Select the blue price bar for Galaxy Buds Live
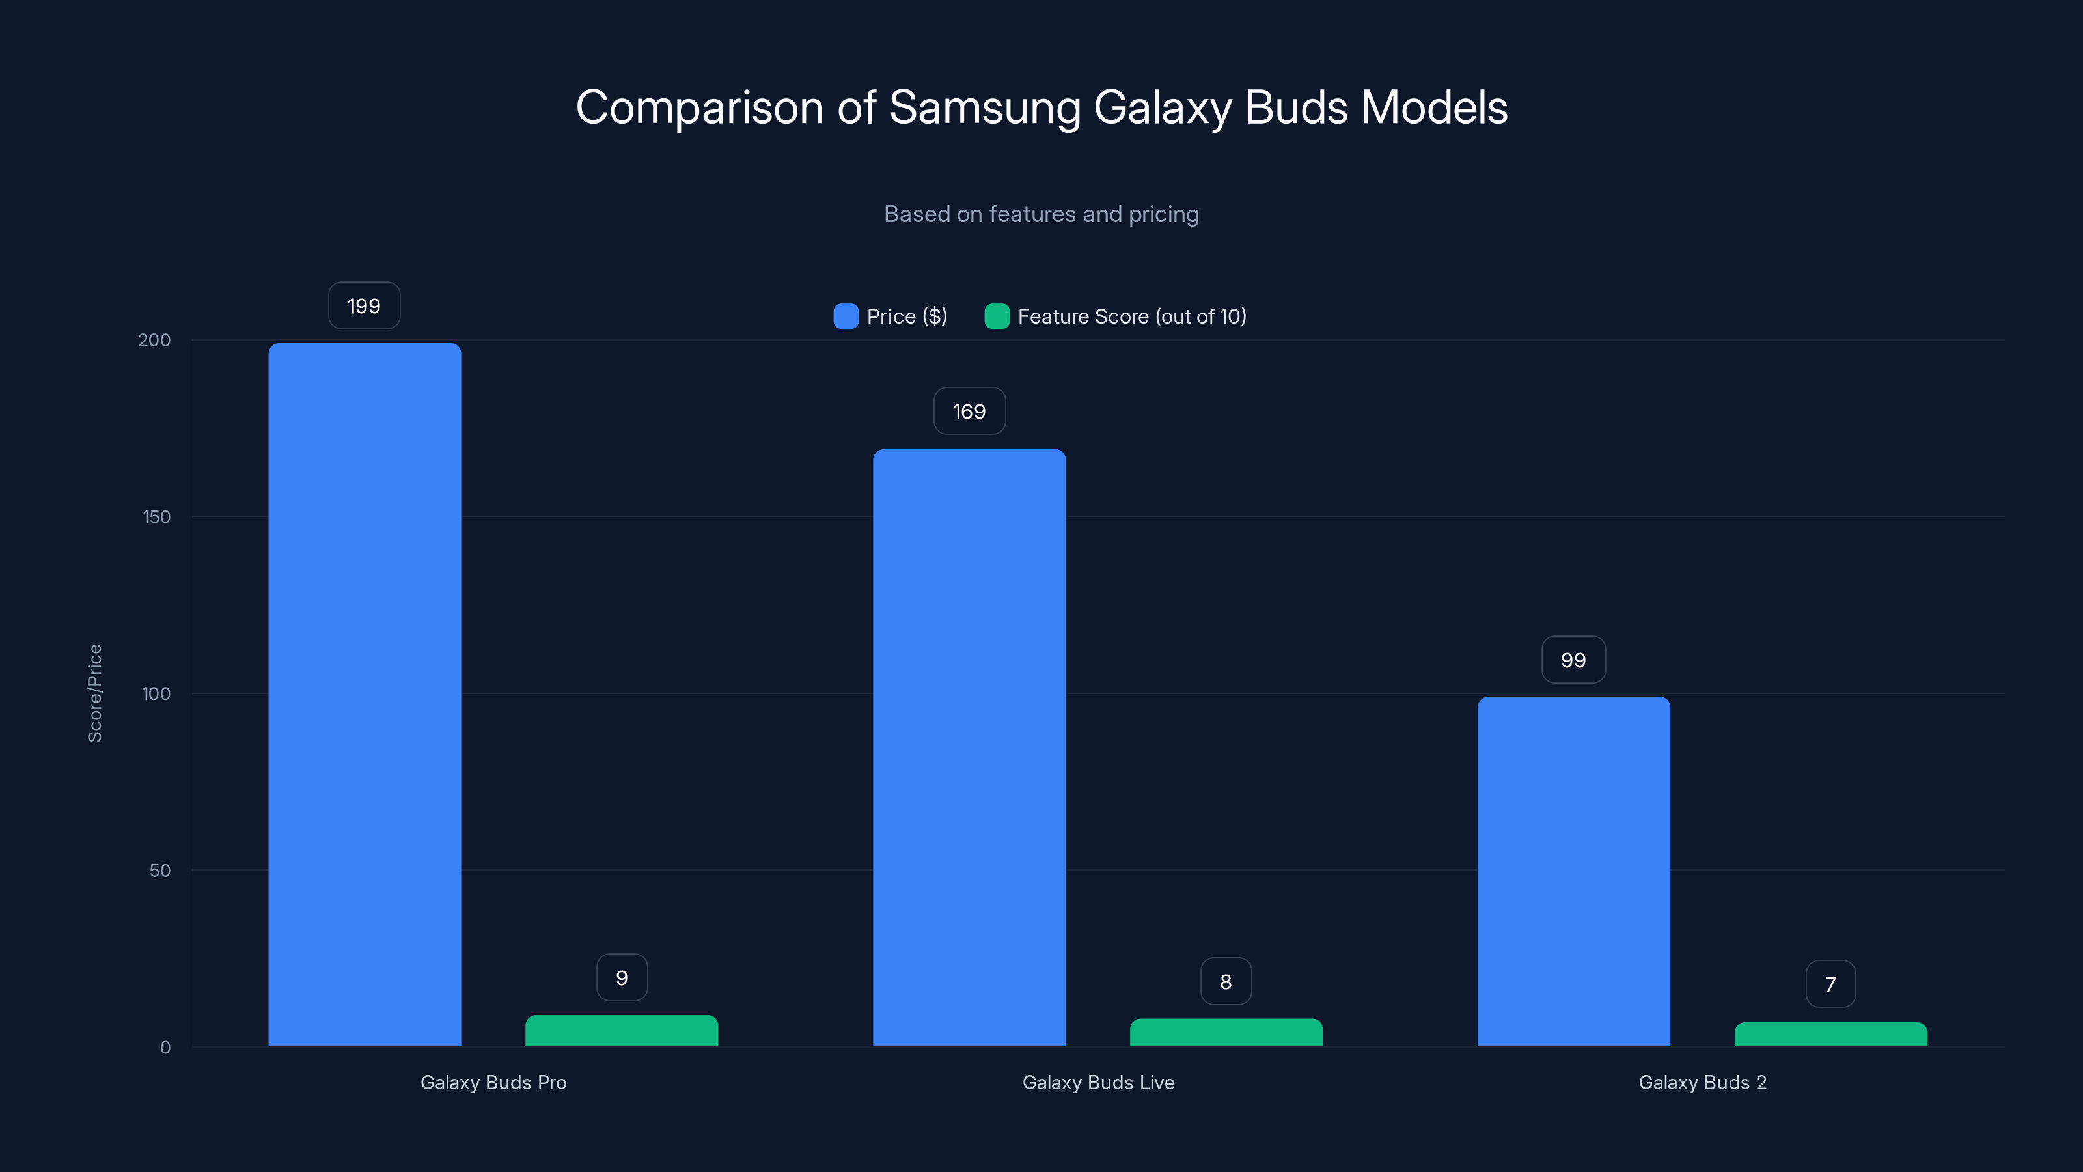click(x=969, y=747)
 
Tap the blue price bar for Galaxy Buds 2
click(x=1573, y=871)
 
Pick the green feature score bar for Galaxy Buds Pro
click(x=621, y=1031)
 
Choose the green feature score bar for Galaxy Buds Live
click(x=1226, y=1033)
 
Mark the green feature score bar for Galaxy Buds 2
click(x=1830, y=1035)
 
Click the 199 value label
click(x=364, y=306)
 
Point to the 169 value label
click(x=969, y=412)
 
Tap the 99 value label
click(x=1573, y=660)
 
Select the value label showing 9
click(x=621, y=978)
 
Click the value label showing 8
click(x=1226, y=982)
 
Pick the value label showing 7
click(x=1830, y=984)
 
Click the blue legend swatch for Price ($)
click(x=846, y=316)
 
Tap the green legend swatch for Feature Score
click(x=996, y=316)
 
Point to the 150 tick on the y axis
click(x=157, y=517)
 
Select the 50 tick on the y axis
click(x=160, y=871)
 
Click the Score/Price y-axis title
click(x=94, y=693)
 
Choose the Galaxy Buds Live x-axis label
click(x=1098, y=1082)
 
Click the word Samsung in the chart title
click(x=984, y=107)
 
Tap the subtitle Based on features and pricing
click(x=1041, y=214)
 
